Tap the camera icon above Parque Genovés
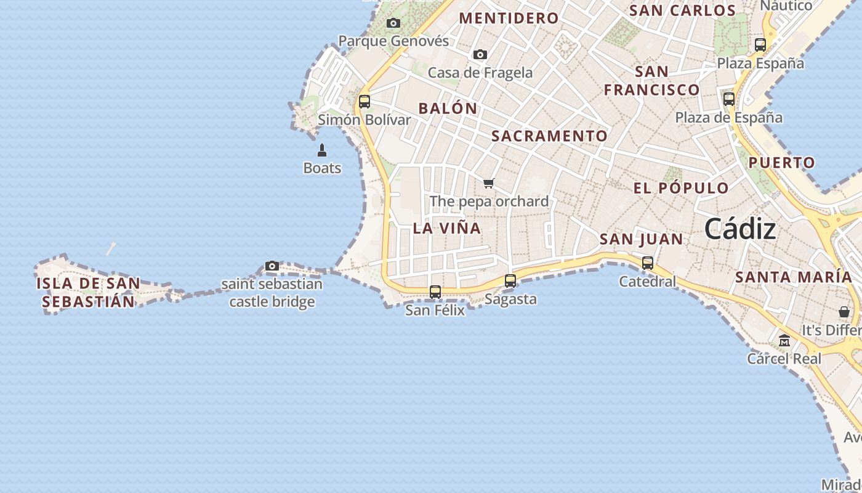coord(393,23)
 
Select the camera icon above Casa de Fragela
coord(480,54)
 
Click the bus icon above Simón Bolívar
coord(365,102)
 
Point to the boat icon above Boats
coord(322,150)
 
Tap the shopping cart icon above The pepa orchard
coord(489,183)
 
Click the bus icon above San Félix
coord(435,292)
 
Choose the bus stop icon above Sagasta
coord(510,281)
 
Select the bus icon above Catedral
coord(648,263)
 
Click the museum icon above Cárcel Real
coord(784,340)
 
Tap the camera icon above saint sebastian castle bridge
coord(272,266)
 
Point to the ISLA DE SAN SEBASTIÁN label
coord(88,293)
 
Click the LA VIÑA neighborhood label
coord(447,228)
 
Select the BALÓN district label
coord(448,108)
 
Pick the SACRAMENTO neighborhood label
coord(550,136)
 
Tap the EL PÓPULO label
coord(681,189)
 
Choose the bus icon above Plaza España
coord(760,45)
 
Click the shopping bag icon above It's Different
coord(844,312)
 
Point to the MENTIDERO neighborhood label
coord(509,18)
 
